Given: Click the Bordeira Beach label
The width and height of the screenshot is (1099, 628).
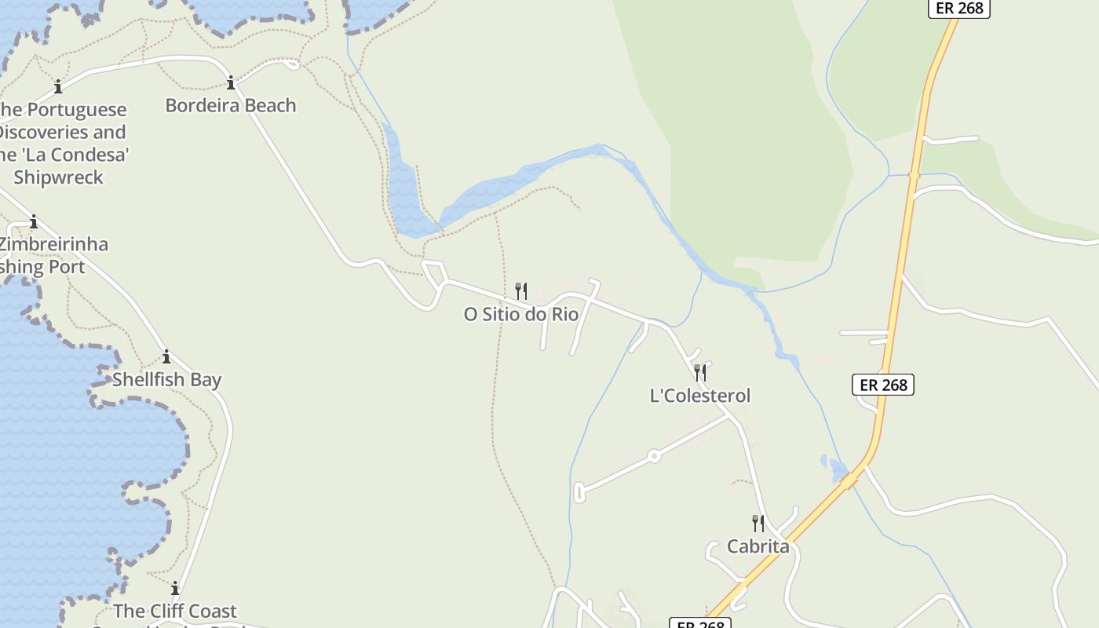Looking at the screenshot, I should pyautogui.click(x=230, y=105).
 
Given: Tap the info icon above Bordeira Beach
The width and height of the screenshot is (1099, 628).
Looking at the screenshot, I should pyautogui.click(x=231, y=82).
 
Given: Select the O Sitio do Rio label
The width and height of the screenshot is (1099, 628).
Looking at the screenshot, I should pyautogui.click(x=520, y=314).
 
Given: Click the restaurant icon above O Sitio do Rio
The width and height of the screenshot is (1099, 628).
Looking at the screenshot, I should pyautogui.click(x=520, y=291).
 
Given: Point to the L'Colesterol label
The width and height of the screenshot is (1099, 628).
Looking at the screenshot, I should pyautogui.click(x=700, y=396).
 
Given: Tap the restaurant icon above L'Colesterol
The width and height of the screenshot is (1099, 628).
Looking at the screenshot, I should pyautogui.click(x=700, y=372).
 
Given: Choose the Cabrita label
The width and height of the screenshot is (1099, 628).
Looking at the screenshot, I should pyautogui.click(x=758, y=546).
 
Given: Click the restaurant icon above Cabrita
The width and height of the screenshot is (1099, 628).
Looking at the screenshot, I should pyautogui.click(x=758, y=523).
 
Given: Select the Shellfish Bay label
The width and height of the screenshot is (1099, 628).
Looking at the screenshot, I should pyautogui.click(x=166, y=380).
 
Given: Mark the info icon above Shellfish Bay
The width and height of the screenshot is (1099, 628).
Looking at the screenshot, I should pyautogui.click(x=166, y=357).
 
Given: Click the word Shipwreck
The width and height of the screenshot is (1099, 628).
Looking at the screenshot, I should pyautogui.click(x=58, y=177).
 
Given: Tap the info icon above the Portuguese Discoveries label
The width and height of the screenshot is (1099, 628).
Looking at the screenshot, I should pyautogui.click(x=57, y=86).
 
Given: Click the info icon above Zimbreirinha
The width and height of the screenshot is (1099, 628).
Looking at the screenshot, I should pyautogui.click(x=34, y=221).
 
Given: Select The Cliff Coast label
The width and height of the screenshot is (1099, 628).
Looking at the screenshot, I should pyautogui.click(x=174, y=611).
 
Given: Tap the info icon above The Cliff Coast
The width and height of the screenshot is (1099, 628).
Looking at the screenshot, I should pyautogui.click(x=174, y=588).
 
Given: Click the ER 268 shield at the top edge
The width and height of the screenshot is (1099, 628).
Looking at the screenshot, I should pyautogui.click(x=959, y=8).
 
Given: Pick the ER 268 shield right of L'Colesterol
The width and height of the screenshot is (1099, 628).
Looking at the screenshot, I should pyautogui.click(x=883, y=385).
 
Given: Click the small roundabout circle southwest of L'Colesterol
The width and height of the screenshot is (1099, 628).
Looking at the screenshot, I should pyautogui.click(x=653, y=455).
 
